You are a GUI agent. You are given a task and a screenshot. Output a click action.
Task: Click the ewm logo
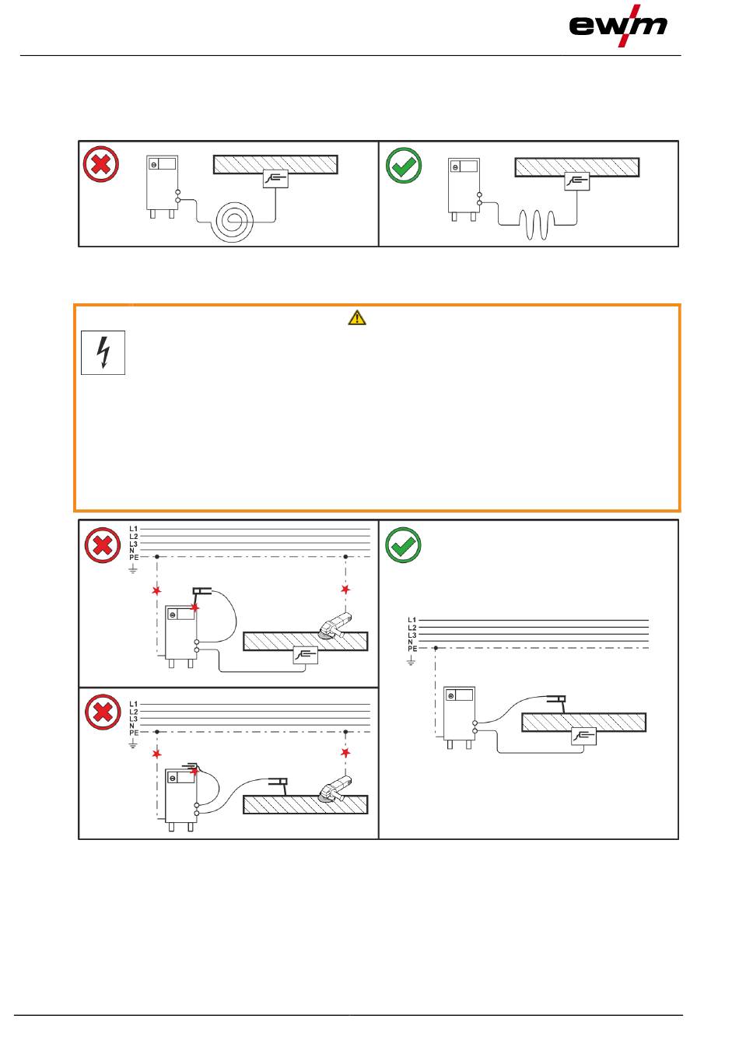[x=618, y=25]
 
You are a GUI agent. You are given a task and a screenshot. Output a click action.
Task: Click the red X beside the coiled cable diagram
[x=101, y=165]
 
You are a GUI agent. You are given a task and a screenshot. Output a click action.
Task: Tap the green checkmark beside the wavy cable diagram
[x=404, y=165]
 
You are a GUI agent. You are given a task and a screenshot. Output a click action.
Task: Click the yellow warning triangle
[x=357, y=317]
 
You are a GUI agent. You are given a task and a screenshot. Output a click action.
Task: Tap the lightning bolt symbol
[x=103, y=353]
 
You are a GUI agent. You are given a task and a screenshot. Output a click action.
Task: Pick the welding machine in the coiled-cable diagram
[x=163, y=184]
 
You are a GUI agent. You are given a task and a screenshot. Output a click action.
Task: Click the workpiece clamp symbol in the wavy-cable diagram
[x=576, y=180]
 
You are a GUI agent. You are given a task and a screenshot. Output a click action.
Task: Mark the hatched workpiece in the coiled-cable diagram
[x=275, y=164]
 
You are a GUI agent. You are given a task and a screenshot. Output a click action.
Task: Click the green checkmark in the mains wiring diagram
[x=404, y=545]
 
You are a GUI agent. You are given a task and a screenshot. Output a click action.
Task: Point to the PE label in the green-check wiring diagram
[x=412, y=649]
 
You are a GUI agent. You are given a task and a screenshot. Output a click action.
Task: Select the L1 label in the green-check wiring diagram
[x=412, y=621]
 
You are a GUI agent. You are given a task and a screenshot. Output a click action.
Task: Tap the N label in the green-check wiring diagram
[x=411, y=642]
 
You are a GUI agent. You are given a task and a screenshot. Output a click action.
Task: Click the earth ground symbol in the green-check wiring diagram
[x=412, y=661]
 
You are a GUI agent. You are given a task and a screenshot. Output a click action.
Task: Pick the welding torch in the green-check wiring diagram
[x=556, y=699]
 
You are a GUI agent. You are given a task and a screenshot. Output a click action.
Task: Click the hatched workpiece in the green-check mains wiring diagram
[x=583, y=722]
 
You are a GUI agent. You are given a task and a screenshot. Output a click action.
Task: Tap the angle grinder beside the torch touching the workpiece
[x=336, y=786]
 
